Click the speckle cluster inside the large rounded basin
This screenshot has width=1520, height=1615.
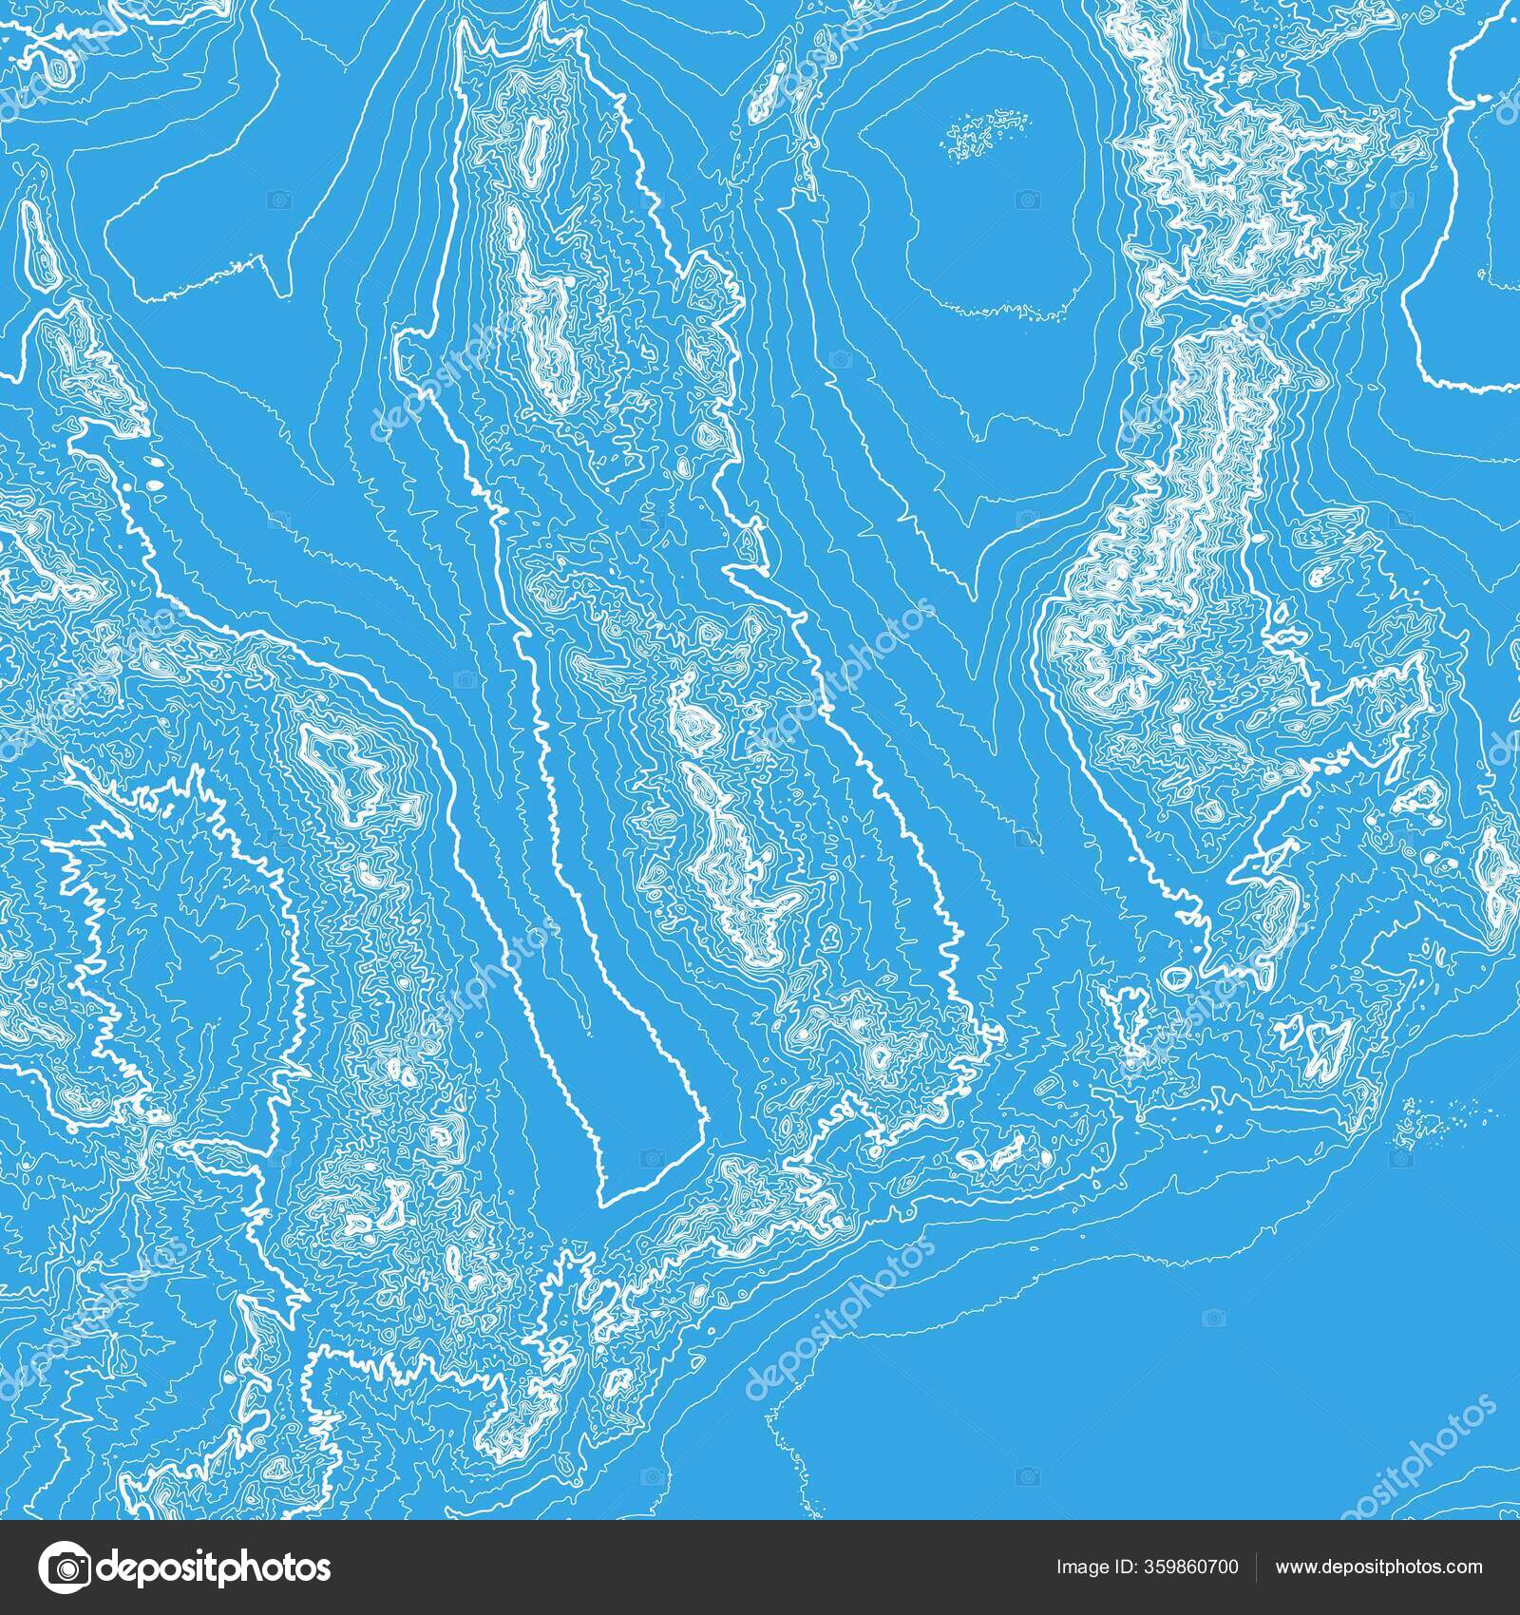click(988, 130)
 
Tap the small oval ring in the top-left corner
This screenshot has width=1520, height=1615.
click(62, 71)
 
